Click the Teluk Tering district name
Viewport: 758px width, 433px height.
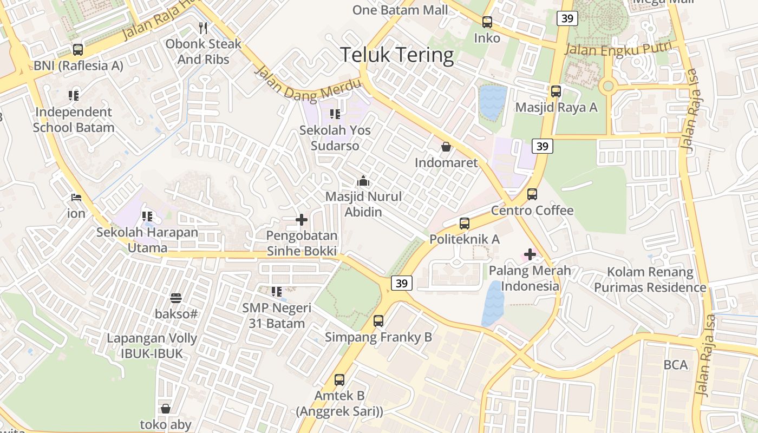(397, 55)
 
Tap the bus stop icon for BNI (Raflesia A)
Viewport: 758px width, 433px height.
(78, 50)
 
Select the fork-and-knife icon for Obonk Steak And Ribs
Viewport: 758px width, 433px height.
(203, 28)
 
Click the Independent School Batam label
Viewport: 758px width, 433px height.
(74, 120)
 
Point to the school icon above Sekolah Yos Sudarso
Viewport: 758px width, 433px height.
(335, 114)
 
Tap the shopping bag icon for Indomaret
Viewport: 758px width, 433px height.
(446, 147)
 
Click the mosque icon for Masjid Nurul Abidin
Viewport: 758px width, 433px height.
(363, 181)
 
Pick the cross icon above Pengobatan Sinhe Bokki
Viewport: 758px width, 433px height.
(302, 220)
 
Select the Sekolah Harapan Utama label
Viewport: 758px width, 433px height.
(147, 240)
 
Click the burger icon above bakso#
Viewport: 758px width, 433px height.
(176, 298)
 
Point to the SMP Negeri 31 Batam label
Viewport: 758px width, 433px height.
(277, 316)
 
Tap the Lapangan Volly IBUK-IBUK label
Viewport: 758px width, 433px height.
(152, 346)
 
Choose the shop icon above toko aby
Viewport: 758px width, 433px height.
(166, 409)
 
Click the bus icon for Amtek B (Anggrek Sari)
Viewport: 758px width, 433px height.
(339, 380)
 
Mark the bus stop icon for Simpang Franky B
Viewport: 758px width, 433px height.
(378, 321)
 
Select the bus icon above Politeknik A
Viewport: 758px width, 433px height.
(465, 223)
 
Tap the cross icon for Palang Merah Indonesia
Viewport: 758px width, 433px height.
(530, 254)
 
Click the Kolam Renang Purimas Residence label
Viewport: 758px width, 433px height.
(650, 280)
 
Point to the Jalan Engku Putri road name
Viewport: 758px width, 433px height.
(618, 49)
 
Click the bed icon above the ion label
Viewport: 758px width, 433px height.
(76, 198)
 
